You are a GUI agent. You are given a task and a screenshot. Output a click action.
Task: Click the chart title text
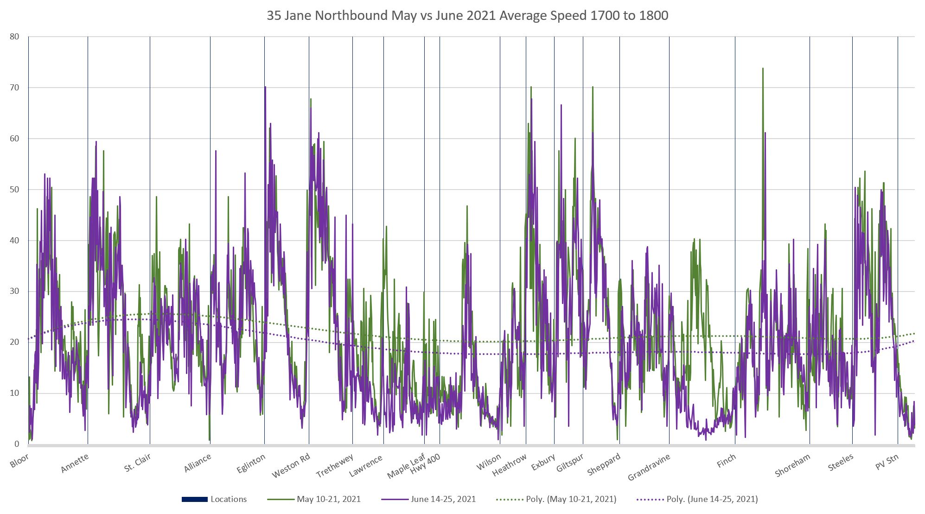467,16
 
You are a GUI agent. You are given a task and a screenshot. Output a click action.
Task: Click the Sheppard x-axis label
604,464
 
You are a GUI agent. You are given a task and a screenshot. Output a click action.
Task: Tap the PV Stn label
887,462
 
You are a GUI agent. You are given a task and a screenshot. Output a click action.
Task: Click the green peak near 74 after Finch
763,69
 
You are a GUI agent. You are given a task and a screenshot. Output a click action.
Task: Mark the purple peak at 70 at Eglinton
265,87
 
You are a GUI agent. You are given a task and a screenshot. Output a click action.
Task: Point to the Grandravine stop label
649,467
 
